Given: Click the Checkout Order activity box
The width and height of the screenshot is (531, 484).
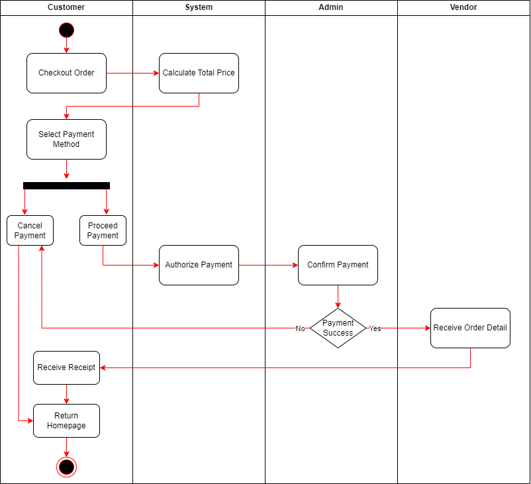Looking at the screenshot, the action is pyautogui.click(x=66, y=73).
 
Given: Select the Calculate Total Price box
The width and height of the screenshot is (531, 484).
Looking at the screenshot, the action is pyautogui.click(x=199, y=73).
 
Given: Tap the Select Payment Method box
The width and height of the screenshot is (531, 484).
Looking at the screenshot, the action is pyautogui.click(x=66, y=139).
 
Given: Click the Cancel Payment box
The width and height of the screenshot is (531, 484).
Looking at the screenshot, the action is pyautogui.click(x=30, y=230).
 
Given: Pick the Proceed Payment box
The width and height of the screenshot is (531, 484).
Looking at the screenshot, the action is pyautogui.click(x=103, y=230).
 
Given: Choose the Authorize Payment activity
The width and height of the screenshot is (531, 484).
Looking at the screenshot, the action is pyautogui.click(x=199, y=266).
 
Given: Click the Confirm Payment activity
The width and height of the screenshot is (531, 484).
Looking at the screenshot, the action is pyautogui.click(x=338, y=266).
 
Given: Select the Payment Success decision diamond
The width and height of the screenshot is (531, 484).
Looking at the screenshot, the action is pyautogui.click(x=338, y=328).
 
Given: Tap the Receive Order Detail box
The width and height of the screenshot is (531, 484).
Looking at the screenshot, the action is pyautogui.click(x=470, y=328).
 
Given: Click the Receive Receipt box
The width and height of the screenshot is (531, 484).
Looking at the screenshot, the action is pyautogui.click(x=66, y=368).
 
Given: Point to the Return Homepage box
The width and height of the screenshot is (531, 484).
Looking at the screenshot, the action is pyautogui.click(x=66, y=420).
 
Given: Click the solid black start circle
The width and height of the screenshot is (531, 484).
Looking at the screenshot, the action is pyautogui.click(x=66, y=30).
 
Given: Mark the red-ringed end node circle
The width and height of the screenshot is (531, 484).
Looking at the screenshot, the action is pyautogui.click(x=66, y=467).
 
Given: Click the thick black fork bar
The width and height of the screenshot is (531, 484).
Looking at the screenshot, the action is pyautogui.click(x=66, y=185).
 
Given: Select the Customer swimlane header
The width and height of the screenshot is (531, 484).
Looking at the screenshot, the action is pyautogui.click(x=66, y=7).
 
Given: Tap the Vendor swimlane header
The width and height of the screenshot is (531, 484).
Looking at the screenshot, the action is pyautogui.click(x=463, y=7).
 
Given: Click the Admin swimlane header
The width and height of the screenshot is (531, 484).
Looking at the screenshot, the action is pyautogui.click(x=331, y=7).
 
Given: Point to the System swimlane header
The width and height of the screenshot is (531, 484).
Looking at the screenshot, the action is pyautogui.click(x=199, y=7).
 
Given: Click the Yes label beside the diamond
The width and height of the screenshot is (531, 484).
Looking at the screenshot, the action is pyautogui.click(x=375, y=328).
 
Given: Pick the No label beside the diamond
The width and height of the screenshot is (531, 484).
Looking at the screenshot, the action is pyautogui.click(x=301, y=328).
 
